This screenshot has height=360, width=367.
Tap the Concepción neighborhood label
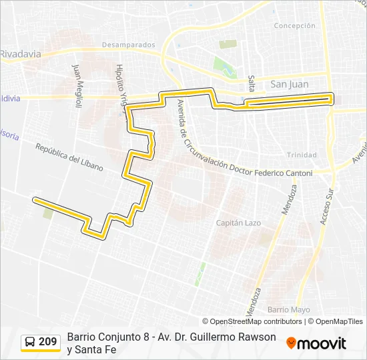pos(294,25)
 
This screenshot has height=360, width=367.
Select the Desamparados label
pos(129,45)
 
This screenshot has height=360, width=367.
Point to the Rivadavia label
pos(21,54)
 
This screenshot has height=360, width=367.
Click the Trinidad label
pos(302,155)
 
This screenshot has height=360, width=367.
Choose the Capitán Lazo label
pos(238,223)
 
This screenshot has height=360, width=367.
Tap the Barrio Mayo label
pos(289,309)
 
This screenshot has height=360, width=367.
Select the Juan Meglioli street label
pos(77,86)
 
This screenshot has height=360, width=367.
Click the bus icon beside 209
pos(30,342)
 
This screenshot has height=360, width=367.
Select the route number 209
pos(48,342)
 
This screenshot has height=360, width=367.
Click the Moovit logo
pos(316,343)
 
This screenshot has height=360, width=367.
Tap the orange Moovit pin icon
pos(291,343)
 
